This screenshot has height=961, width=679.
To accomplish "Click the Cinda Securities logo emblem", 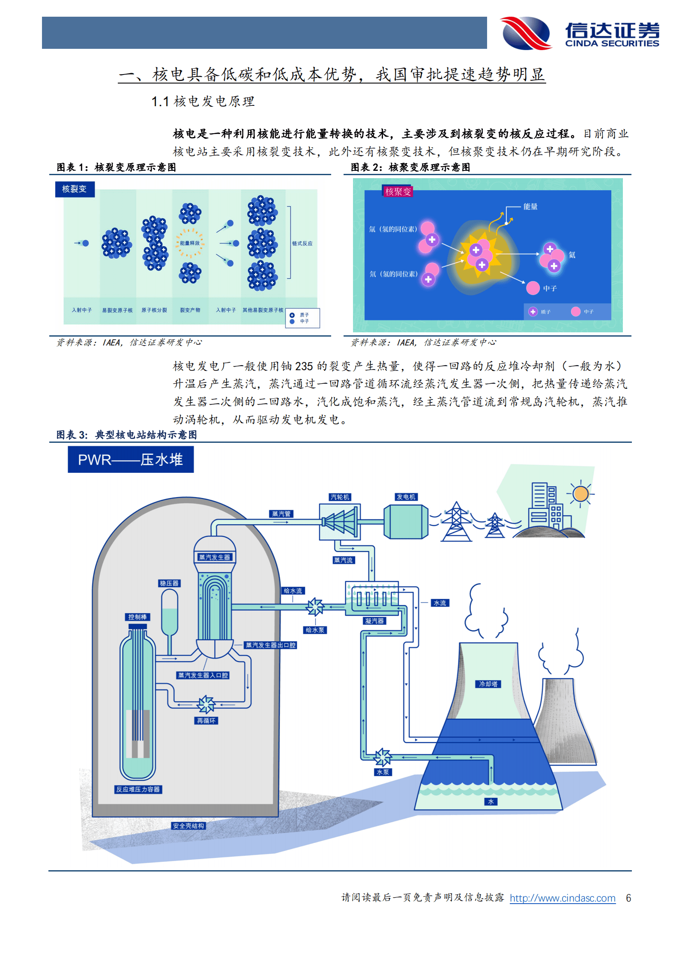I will click(x=526, y=33).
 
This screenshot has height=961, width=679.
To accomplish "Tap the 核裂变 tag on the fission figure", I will click(x=75, y=189).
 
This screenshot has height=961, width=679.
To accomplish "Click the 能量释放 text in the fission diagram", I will click(x=190, y=243).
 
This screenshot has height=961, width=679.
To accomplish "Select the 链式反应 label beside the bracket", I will click(x=302, y=243).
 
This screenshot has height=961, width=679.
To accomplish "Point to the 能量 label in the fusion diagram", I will click(x=530, y=206).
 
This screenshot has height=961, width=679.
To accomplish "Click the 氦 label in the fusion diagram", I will click(x=571, y=255).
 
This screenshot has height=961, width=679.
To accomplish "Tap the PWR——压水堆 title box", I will click(x=131, y=460).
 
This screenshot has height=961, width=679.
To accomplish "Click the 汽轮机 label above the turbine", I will click(x=340, y=497).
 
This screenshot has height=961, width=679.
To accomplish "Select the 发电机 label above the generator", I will click(x=406, y=497).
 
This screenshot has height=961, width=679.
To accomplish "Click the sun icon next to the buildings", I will click(x=580, y=493).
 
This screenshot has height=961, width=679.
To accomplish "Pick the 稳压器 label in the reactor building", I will click(x=169, y=583).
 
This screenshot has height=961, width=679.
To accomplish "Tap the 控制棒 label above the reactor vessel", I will click(x=138, y=617).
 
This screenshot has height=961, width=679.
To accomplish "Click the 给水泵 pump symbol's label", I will click(x=315, y=630).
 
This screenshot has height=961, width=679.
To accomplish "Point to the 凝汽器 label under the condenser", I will click(x=374, y=621).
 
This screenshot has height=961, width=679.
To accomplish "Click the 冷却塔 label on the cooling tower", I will click(x=488, y=684).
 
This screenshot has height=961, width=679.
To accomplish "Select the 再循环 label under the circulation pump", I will click(x=206, y=721).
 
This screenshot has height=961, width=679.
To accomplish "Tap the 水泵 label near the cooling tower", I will click(x=383, y=772).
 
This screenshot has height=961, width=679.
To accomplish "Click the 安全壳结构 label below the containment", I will click(x=188, y=826).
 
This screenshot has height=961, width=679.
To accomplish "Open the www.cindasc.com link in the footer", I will click(x=562, y=898).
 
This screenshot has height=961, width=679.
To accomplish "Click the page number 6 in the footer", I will click(x=628, y=898).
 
